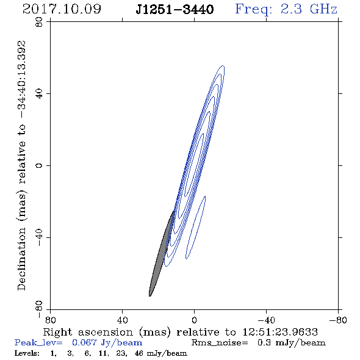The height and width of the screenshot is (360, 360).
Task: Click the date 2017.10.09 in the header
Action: pyautogui.click(x=62, y=9)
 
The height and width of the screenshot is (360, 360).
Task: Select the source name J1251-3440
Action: pyautogui.click(x=175, y=9)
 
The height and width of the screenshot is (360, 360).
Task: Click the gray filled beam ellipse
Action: pyautogui.click(x=161, y=253)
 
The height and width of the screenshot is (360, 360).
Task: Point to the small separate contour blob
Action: pyautogui.click(x=196, y=228)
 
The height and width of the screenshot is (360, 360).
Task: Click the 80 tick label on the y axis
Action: pyautogui.click(x=39, y=22)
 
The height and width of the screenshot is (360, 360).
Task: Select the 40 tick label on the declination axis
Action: pyautogui.click(x=39, y=94)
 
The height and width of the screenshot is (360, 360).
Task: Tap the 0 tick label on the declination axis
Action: pyautogui.click(x=39, y=165)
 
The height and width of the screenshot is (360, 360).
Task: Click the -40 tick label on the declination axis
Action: pyautogui.click(x=39, y=237)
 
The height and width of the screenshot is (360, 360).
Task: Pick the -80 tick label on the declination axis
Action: pyautogui.click(x=39, y=309)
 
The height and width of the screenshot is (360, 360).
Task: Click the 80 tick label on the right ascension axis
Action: pyautogui.click(x=50, y=320)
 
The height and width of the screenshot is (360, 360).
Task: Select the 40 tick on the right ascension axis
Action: pyautogui.click(x=122, y=320)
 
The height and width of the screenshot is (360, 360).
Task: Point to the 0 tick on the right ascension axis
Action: pyautogui.click(x=194, y=320)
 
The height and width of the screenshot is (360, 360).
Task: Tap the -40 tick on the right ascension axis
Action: pyautogui.click(x=266, y=320)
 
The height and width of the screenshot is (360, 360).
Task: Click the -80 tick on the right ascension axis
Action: pyautogui.click(x=338, y=320)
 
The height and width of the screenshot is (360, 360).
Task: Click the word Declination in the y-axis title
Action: pyautogui.click(x=21, y=259)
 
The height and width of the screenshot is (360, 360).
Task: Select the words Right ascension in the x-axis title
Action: pyautogui.click(x=88, y=332)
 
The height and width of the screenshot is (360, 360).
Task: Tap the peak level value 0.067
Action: pyautogui.click(x=84, y=342)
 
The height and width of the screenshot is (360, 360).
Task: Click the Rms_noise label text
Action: pyautogui.click(x=220, y=343)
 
